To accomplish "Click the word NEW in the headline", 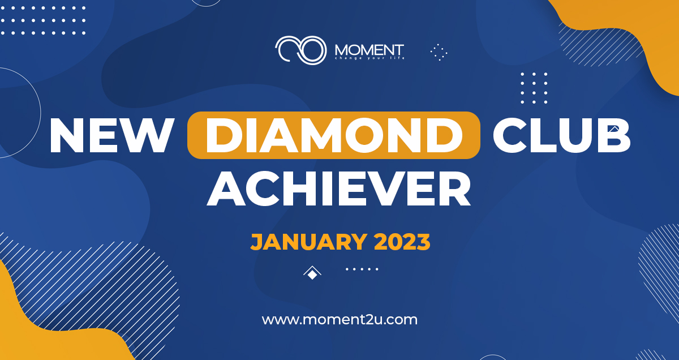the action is [x=111, y=135].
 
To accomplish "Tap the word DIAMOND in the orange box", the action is [x=334, y=135].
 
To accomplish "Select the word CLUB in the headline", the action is [x=562, y=135].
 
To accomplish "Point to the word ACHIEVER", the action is [x=339, y=188].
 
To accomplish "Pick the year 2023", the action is [x=402, y=242].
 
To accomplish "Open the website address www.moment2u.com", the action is [x=339, y=320].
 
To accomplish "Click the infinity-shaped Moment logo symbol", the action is [x=300, y=50].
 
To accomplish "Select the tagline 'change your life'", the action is [x=369, y=58].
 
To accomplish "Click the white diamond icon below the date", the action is [x=312, y=273].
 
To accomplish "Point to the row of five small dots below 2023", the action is [x=362, y=269].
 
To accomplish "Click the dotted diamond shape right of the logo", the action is [x=439, y=52].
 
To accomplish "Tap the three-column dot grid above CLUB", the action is [x=534, y=88].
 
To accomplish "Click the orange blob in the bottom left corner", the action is [x=45, y=331].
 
